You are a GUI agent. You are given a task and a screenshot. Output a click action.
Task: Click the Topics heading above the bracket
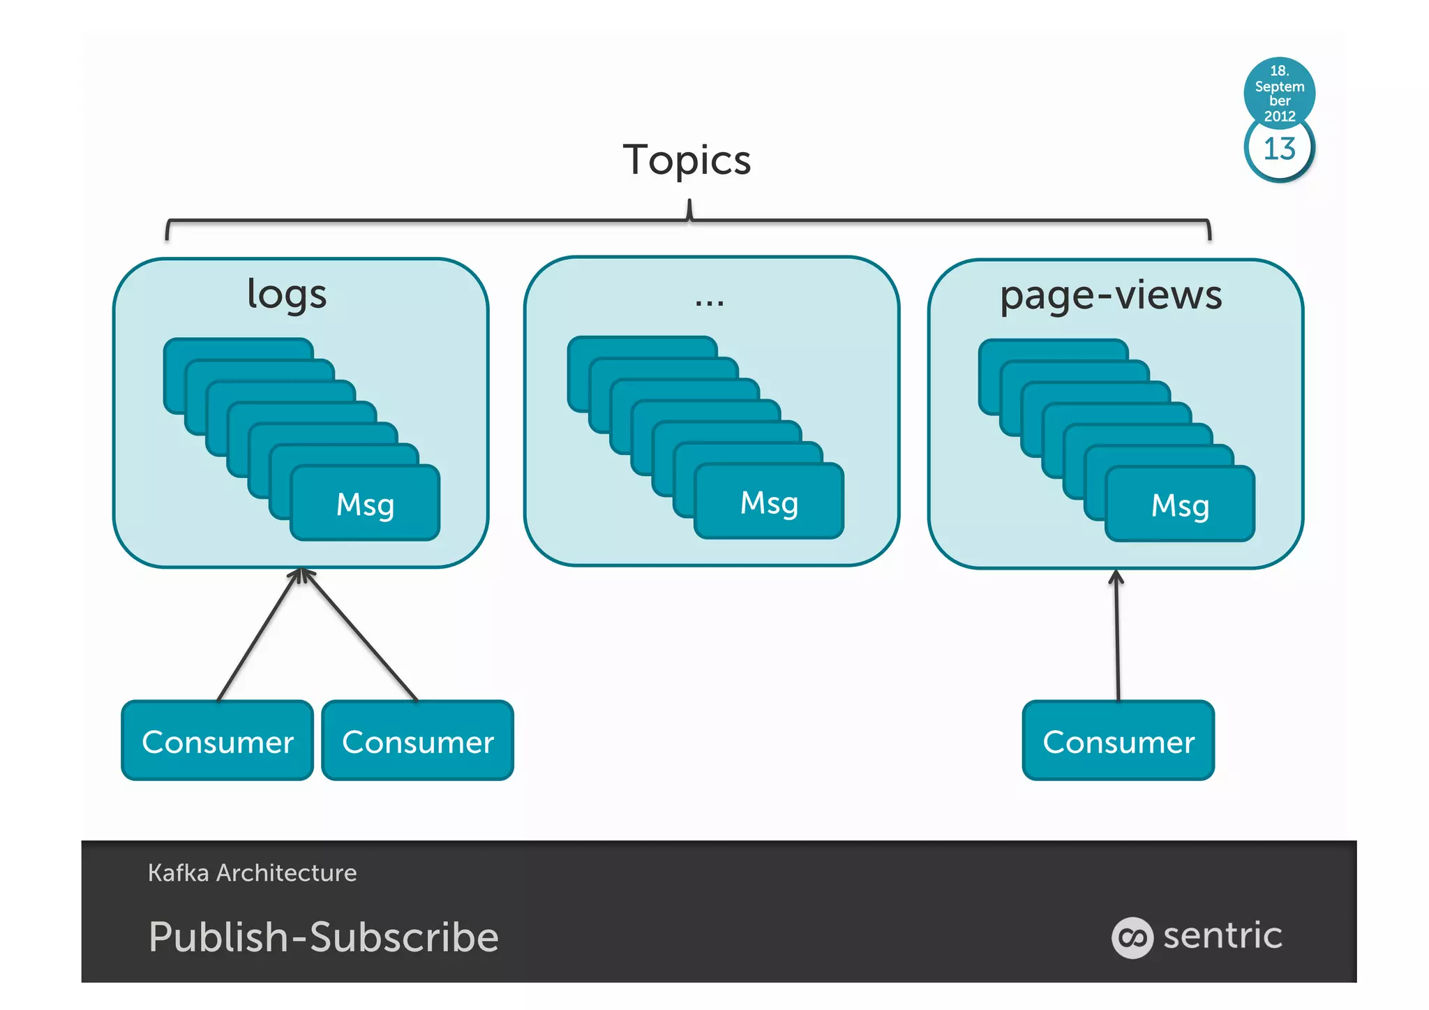687,161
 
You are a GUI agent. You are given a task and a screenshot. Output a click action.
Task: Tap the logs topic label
287,294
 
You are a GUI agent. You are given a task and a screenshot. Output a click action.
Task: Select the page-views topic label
1111,295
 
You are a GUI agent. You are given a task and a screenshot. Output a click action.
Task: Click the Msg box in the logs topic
365,503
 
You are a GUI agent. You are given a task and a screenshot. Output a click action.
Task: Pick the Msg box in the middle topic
769,502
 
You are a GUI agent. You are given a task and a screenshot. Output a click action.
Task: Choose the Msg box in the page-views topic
1180,505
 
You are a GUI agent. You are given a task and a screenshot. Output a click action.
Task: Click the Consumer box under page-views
1118,741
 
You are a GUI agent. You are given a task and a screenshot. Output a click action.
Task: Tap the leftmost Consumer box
218,741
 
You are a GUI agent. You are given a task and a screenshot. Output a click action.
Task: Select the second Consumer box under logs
417,741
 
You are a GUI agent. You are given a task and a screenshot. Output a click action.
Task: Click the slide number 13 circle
1279,149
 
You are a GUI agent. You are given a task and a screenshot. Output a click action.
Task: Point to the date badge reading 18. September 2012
1279,92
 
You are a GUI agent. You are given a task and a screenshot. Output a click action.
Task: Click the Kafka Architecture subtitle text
252,872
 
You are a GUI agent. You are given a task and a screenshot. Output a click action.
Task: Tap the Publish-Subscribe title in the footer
324,937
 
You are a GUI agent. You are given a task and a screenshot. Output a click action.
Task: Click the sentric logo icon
1132,937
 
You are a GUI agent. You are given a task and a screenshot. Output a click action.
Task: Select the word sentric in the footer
1222,935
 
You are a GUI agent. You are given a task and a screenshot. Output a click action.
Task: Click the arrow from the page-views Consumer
1117,635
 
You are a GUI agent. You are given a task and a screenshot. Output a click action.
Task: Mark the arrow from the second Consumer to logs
360,635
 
